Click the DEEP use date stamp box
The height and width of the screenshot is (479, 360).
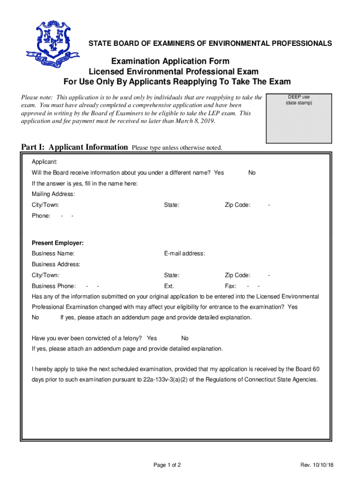pyautogui.click(x=299, y=118)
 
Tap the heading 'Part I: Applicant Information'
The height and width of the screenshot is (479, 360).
pyautogui.click(x=74, y=147)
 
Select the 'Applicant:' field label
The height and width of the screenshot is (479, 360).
pyautogui.click(x=44, y=162)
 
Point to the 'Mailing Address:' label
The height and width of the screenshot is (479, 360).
pyautogui.click(x=53, y=194)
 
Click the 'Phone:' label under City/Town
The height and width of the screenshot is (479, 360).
pyautogui.click(x=41, y=216)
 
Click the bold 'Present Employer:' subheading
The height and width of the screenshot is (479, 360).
pyautogui.click(x=58, y=243)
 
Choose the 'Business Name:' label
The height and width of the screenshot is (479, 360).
pyautogui.click(x=53, y=254)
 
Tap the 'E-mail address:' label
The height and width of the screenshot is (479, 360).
pyautogui.click(x=184, y=254)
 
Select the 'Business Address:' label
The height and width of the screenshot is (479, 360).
pyautogui.click(x=56, y=264)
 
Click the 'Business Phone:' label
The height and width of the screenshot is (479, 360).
pyautogui.click(x=53, y=286)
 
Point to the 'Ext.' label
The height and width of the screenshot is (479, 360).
pyautogui.click(x=169, y=286)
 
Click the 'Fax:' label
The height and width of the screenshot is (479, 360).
pyautogui.click(x=230, y=286)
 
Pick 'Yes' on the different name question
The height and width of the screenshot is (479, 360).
pyautogui.click(x=219, y=173)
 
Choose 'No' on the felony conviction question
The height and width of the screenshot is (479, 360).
pyautogui.click(x=185, y=338)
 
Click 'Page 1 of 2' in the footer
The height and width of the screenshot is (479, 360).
pyautogui.click(x=167, y=465)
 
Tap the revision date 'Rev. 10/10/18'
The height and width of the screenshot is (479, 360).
pyautogui.click(x=320, y=465)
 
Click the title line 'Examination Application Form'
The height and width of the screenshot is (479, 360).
pyautogui.click(x=170, y=61)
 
